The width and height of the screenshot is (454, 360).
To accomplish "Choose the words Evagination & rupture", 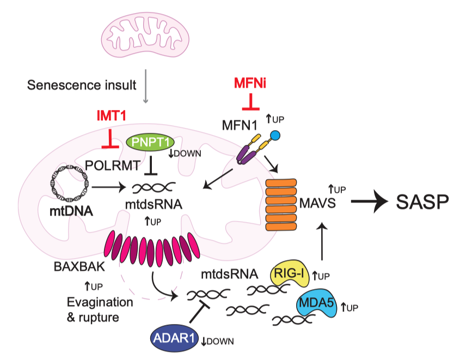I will (100, 308).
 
